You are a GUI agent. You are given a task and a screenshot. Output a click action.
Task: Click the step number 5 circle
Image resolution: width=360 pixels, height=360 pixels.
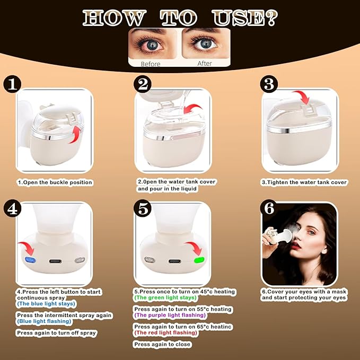point(143,208)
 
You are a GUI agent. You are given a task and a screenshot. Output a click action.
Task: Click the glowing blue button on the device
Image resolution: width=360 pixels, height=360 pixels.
point(29,260)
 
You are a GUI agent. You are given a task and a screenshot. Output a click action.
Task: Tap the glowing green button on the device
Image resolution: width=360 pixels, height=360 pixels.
point(199,260)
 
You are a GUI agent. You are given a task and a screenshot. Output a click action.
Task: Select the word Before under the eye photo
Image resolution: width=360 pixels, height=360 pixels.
point(151,64)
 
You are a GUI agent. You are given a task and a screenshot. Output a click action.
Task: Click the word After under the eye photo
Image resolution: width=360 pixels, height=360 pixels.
point(204,64)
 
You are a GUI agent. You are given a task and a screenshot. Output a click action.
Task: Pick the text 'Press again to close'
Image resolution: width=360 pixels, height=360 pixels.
point(162,344)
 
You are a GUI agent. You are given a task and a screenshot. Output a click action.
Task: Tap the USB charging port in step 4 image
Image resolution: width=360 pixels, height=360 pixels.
point(54,260)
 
